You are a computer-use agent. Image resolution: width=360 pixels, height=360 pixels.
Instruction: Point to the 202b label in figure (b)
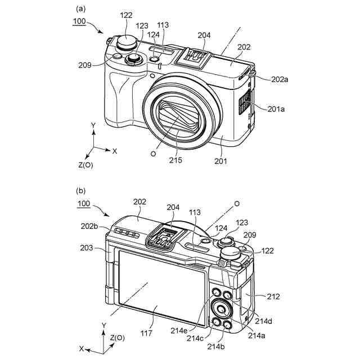point(90,226)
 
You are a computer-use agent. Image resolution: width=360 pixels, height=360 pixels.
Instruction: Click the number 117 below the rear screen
point(146,333)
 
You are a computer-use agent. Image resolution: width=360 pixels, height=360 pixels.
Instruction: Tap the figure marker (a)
point(81,9)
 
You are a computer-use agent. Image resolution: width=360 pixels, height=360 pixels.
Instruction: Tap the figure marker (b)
point(81,191)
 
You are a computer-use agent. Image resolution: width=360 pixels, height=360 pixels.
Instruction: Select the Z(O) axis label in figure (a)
point(89,165)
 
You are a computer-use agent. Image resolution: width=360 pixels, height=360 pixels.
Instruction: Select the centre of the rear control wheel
point(221,309)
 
